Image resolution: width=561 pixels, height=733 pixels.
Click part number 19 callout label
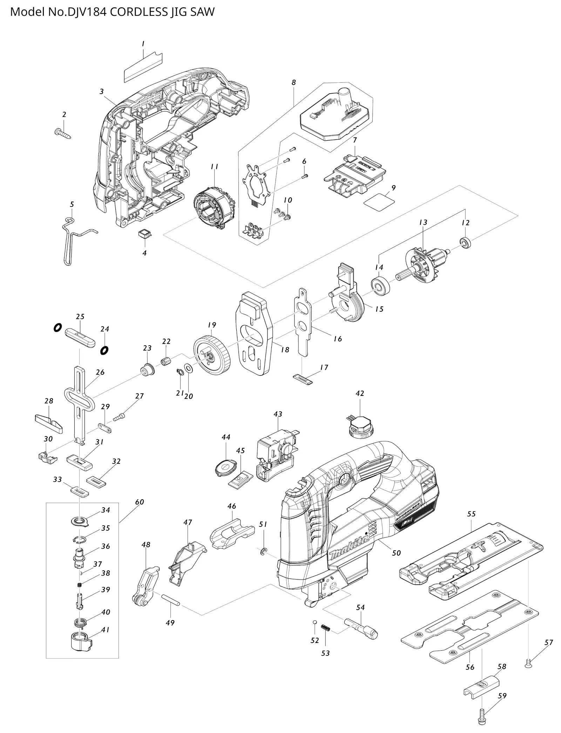pyautogui.click(x=212, y=325)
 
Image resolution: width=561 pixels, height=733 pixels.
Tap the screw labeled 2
pyautogui.click(x=63, y=133)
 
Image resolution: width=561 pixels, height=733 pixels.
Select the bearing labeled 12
pyautogui.click(x=465, y=242)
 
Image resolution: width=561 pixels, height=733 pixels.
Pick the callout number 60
pyautogui.click(x=140, y=502)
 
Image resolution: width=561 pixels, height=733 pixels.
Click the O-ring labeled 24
pyautogui.click(x=104, y=350)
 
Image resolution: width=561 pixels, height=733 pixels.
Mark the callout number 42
pyautogui.click(x=360, y=393)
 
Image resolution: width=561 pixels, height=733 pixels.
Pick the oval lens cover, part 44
pyautogui.click(x=224, y=466)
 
